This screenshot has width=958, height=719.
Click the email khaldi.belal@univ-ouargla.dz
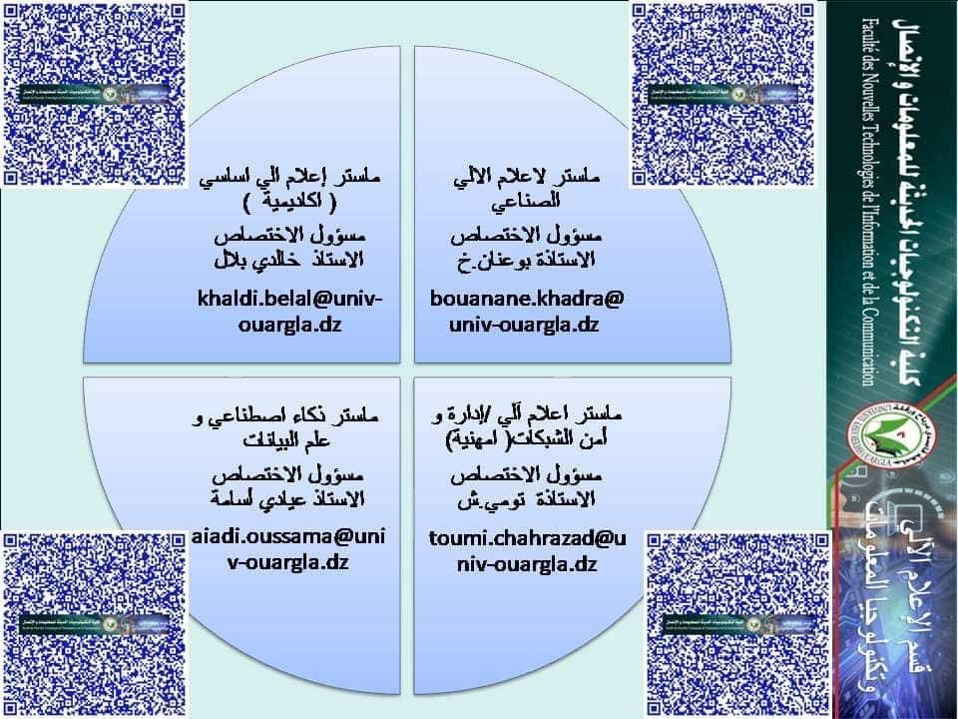tap(290, 312)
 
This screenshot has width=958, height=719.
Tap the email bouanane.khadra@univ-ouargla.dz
tap(525, 312)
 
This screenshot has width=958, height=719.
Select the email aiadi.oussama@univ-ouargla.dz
tap(289, 549)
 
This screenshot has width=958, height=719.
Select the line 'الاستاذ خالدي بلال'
tap(290, 261)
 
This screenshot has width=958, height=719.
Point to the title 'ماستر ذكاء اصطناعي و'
tap(290, 415)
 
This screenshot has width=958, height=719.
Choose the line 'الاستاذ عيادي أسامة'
tap(290, 497)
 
